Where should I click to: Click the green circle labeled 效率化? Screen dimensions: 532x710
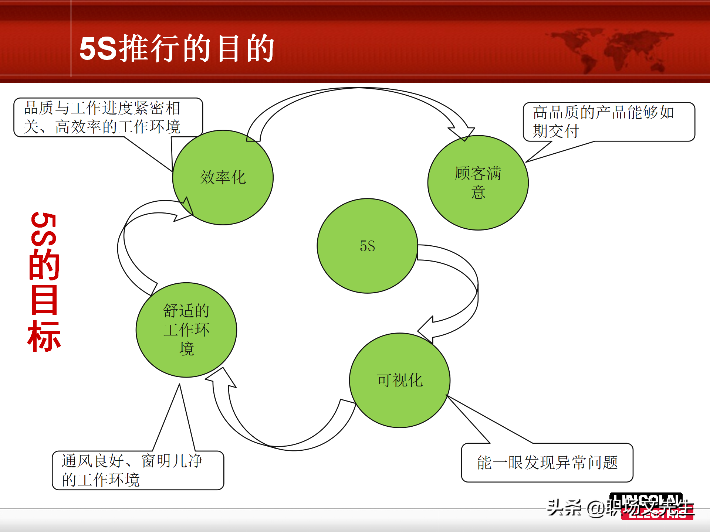[223, 177]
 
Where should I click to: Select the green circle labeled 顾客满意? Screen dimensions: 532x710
[478, 183]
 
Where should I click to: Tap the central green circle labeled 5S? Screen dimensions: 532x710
[367, 246]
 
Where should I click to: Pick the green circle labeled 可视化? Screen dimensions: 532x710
[399, 380]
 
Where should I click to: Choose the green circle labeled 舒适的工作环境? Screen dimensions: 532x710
[186, 330]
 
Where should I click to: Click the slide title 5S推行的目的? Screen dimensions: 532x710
[177, 48]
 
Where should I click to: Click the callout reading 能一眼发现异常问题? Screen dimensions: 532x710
[547, 463]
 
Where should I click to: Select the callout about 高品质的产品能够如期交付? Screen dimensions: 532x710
[608, 122]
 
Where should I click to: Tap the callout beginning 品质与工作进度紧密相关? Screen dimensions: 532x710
[108, 117]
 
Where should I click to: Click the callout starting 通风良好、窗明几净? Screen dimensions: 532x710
[138, 470]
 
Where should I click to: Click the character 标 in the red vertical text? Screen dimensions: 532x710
[44, 336]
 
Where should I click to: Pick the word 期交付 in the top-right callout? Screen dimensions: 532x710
[555, 131]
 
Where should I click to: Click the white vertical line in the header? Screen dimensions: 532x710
[71, 38]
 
